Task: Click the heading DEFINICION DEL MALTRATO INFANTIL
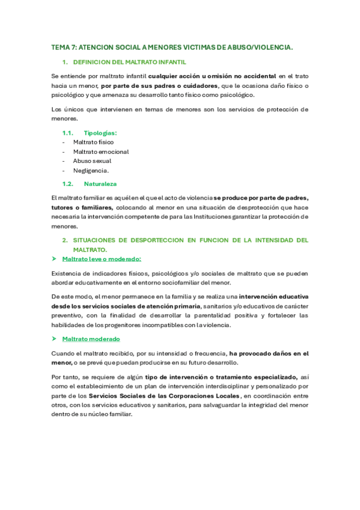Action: coord(129,62)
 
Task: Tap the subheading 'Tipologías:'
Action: coord(100,133)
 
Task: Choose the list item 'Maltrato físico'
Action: coord(93,143)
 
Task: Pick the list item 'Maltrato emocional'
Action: coord(101,152)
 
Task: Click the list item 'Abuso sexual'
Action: coord(92,161)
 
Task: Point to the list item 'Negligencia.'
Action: coord(91,170)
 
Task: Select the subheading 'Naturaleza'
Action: coord(100,183)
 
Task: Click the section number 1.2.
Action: coord(67,183)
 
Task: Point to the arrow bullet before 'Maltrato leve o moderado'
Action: coord(54,259)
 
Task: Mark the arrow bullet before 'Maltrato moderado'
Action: coord(54,339)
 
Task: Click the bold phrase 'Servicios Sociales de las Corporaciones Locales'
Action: coord(164,396)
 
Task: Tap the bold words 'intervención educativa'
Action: coord(274,296)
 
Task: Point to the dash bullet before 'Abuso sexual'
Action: coord(64,161)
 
